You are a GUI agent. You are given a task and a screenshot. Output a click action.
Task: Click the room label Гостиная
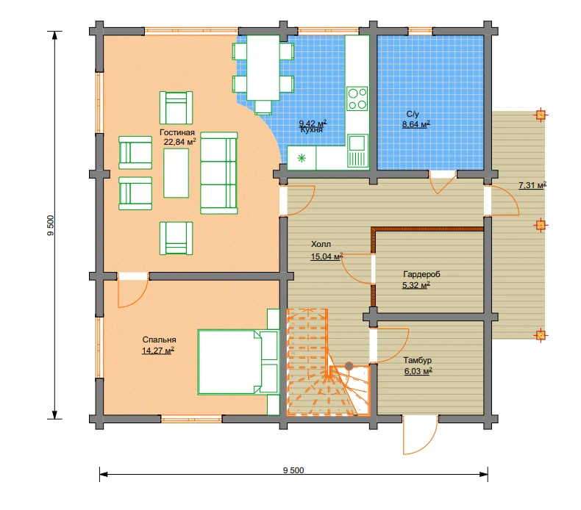point(177,132)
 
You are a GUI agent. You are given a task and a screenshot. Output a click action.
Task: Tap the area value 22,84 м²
point(179,142)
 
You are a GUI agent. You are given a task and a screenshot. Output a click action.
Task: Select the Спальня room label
point(159,340)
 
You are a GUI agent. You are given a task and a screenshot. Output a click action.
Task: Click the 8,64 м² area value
point(416,124)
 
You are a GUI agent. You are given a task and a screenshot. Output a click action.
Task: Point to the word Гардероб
point(421,274)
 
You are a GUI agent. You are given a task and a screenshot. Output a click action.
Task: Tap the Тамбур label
point(417,360)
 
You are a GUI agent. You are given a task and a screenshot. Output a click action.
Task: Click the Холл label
point(321,244)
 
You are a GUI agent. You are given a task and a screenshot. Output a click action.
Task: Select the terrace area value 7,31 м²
point(532,184)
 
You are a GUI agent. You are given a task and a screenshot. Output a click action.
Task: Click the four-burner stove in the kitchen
point(357,98)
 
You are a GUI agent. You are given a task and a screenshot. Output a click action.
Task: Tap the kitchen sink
point(357,151)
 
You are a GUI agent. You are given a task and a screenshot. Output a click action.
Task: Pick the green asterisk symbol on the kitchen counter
point(302,158)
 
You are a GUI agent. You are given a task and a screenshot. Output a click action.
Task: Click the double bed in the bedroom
point(238,362)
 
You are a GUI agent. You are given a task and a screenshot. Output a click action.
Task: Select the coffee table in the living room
point(176,175)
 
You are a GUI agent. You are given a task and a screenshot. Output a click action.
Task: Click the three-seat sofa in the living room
point(218,173)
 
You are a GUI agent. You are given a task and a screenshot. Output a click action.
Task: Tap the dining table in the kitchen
point(263,68)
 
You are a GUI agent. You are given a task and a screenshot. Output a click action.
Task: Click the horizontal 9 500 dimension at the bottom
point(293,475)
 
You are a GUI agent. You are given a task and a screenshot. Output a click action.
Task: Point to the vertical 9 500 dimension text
point(51,225)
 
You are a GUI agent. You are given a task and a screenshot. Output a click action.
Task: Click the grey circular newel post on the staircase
point(349,366)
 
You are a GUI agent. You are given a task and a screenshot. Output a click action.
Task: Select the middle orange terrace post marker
point(541,225)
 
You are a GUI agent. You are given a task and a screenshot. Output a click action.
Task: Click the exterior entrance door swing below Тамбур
point(421,436)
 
